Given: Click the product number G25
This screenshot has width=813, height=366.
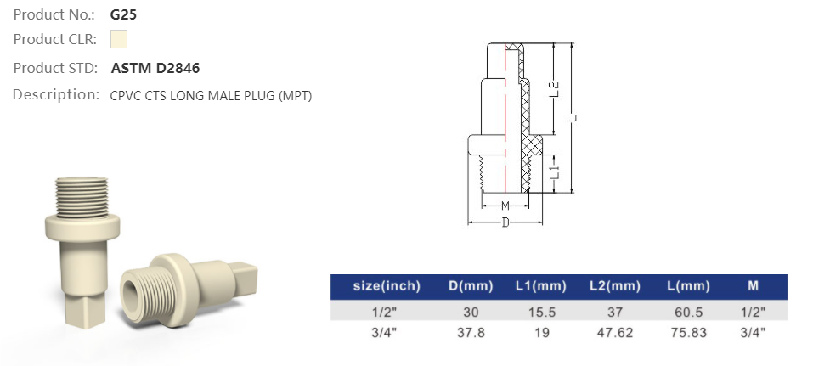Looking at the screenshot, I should click(x=124, y=14).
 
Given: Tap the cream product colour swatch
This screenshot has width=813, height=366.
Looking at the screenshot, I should click(x=119, y=39).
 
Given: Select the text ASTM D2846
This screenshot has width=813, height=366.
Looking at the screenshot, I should click(x=155, y=68).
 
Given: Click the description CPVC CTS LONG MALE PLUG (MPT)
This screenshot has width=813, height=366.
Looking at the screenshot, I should click(x=212, y=96).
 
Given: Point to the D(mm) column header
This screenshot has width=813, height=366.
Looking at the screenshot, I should click(x=466, y=285).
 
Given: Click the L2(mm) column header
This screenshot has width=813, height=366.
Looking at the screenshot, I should click(x=613, y=285).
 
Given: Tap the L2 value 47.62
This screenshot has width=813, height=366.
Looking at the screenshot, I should click(x=613, y=332).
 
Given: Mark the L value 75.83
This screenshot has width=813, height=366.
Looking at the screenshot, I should click(x=687, y=332).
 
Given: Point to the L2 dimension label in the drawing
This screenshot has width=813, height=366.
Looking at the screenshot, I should click(x=554, y=88).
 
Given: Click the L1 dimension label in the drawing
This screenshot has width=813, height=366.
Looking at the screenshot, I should click(x=554, y=172).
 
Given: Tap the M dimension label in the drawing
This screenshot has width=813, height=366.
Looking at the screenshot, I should click(x=505, y=206).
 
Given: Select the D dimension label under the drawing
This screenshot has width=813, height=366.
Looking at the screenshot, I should click(x=505, y=222).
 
